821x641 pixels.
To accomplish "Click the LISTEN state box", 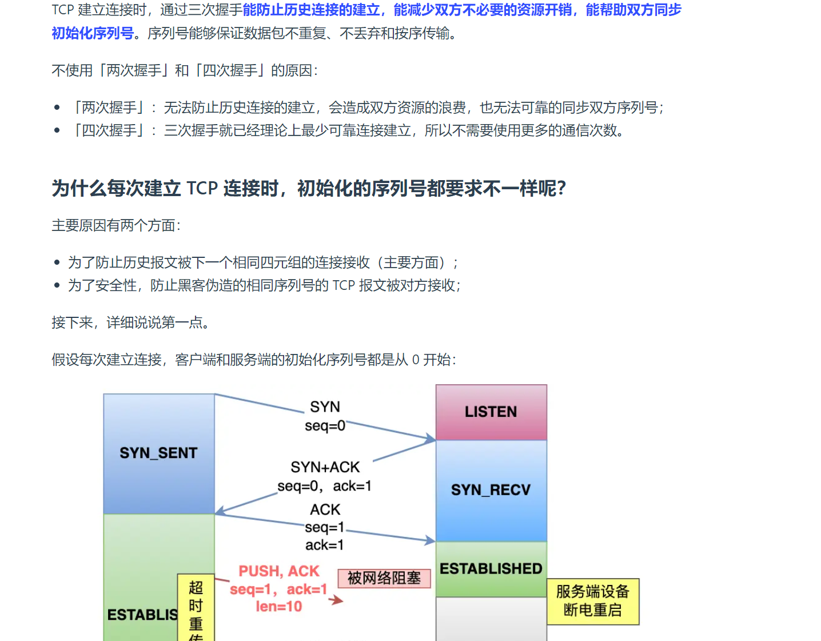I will (491, 412).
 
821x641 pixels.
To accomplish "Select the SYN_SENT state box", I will (158, 453).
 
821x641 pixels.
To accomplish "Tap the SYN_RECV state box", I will (491, 490).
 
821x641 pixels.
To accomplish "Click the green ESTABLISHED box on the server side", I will (491, 568).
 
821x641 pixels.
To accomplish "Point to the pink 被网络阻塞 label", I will (384, 578).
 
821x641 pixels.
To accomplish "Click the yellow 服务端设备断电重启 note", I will (592, 601).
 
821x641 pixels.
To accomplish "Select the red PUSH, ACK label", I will (279, 571).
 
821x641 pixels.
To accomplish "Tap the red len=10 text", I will (279, 607).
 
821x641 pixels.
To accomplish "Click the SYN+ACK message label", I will (325, 467).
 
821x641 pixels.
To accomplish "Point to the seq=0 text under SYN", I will (325, 426).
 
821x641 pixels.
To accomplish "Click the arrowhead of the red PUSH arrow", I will (338, 600).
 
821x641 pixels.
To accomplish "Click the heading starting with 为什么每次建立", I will (309, 188).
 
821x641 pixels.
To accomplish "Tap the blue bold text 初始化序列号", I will (93, 33).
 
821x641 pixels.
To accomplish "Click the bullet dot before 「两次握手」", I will (57, 108).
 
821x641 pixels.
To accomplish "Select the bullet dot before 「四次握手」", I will (57, 130).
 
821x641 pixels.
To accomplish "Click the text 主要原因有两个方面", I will (116, 225).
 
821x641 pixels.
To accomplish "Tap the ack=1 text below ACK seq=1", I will (324, 545).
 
